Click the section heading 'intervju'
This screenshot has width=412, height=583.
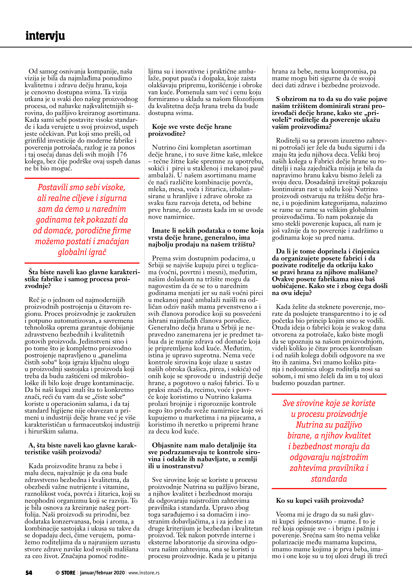45,36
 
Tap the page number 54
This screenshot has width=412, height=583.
29,573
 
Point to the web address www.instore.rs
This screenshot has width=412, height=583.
144,573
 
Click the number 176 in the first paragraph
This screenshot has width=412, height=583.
121,154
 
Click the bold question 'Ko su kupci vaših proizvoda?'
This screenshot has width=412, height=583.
320,501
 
